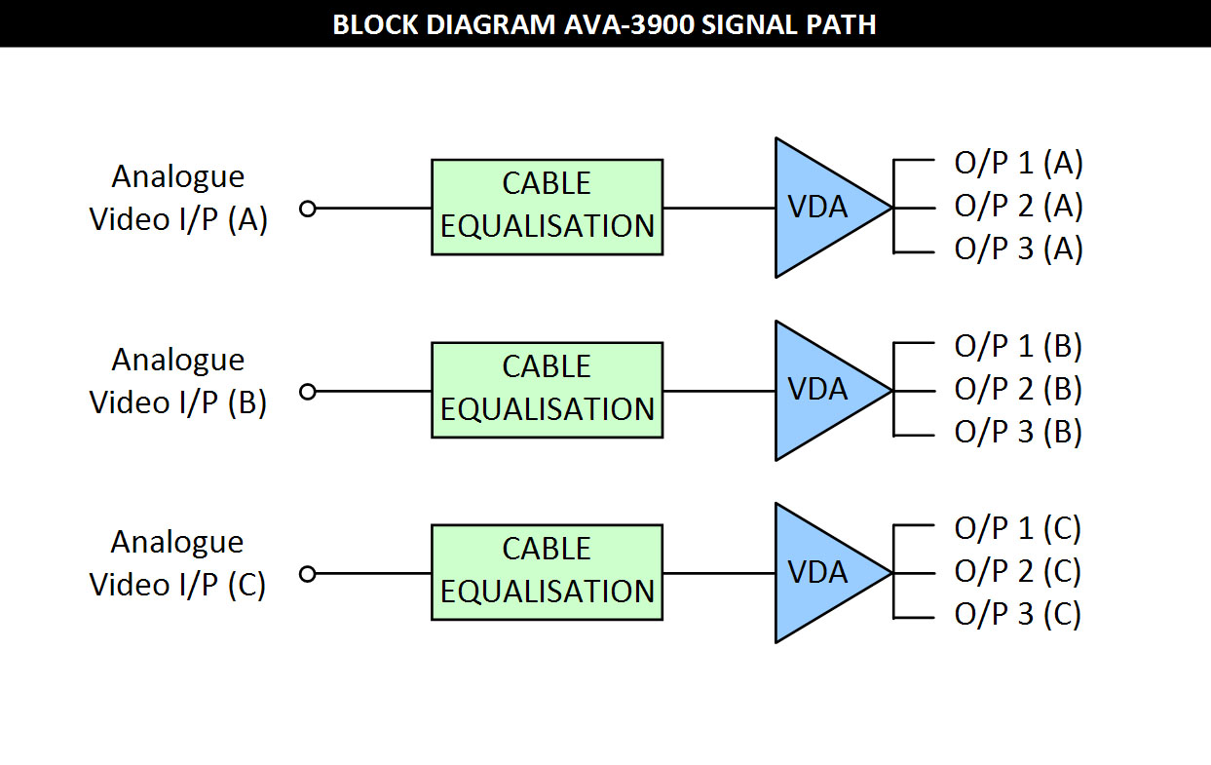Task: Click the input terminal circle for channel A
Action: (308, 209)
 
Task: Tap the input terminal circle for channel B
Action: (308, 392)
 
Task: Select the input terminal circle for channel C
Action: (308, 574)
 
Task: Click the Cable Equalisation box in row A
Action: (548, 207)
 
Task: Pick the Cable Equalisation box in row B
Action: (548, 390)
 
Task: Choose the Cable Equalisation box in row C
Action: (548, 573)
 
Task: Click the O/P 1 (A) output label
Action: (1018, 163)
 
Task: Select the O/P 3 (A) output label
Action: (1018, 249)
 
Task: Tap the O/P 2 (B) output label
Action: (1018, 389)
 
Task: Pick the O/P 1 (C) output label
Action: (1017, 528)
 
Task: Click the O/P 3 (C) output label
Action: (1017, 614)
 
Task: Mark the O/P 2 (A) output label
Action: (1018, 206)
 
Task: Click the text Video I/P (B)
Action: (178, 402)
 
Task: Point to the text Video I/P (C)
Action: (177, 585)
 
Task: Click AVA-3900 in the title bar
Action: (629, 25)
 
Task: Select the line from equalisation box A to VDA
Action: (720, 208)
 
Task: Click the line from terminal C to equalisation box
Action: (373, 574)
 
